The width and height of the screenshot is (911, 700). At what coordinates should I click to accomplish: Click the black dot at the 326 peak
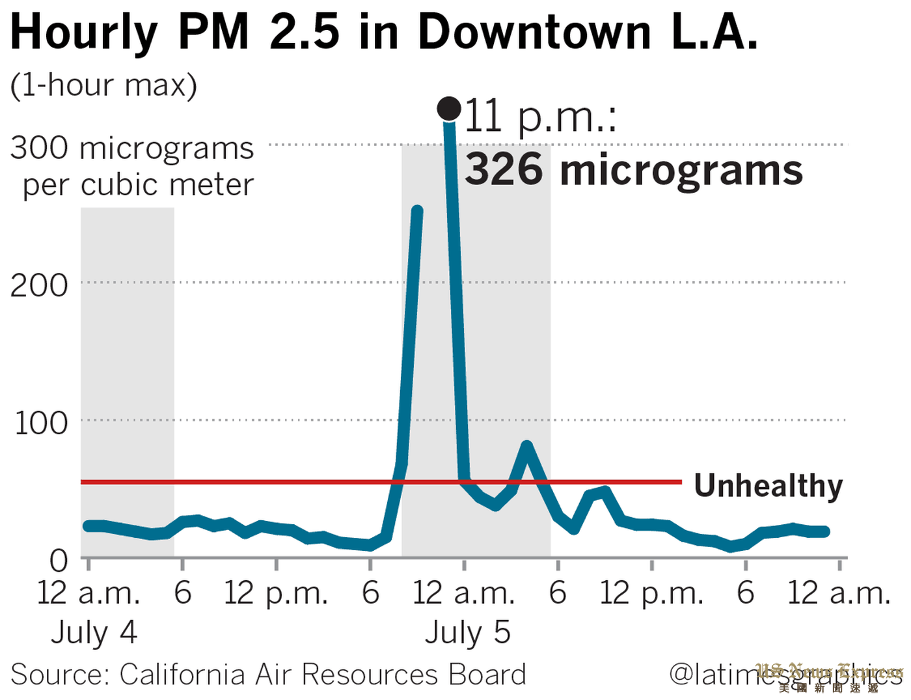(x=449, y=109)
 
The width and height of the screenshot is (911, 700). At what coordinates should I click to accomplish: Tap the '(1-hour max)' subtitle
(x=103, y=85)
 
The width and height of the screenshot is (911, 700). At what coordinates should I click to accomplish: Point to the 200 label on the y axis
(x=39, y=285)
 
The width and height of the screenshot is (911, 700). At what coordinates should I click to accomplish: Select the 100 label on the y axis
(x=41, y=423)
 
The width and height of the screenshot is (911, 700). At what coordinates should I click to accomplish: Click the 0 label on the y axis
(x=58, y=560)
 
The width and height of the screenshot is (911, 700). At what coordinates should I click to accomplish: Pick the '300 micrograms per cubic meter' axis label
(x=132, y=166)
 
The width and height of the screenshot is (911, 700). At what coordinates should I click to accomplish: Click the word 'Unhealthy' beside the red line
(x=768, y=486)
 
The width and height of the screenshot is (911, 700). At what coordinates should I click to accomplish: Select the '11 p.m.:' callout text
(x=541, y=117)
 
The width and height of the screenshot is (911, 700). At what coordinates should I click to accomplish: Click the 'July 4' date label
(x=94, y=632)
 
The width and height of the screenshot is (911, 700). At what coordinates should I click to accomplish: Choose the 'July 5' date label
(x=468, y=632)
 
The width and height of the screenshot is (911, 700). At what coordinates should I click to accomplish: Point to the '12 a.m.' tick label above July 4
(x=88, y=593)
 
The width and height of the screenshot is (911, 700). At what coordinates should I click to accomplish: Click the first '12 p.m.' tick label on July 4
(x=276, y=593)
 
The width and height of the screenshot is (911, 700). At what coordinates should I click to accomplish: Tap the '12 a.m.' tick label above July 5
(x=464, y=593)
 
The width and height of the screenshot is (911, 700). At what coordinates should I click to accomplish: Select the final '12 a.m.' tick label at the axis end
(x=839, y=593)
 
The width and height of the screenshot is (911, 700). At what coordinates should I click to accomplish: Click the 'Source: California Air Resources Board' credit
(x=268, y=675)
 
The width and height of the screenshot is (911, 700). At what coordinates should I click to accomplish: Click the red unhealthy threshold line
(x=260, y=482)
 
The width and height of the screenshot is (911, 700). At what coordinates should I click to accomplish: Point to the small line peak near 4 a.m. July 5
(x=527, y=446)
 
